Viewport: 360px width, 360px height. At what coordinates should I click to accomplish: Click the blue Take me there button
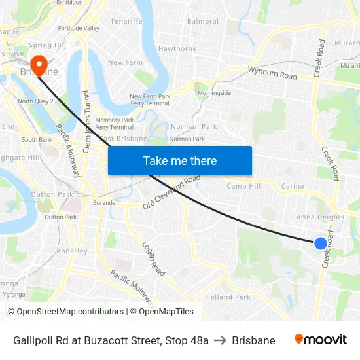(180, 160)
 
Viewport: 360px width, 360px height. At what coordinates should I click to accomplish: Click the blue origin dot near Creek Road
(320, 243)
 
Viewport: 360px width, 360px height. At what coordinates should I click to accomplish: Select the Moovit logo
(321, 340)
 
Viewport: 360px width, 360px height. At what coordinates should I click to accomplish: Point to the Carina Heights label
(317, 217)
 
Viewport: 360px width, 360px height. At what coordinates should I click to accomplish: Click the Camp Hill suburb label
(243, 186)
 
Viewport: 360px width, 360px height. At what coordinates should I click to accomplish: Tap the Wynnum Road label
(272, 72)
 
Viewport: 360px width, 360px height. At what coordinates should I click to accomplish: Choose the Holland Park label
(228, 297)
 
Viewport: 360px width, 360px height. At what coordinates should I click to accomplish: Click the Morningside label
(215, 93)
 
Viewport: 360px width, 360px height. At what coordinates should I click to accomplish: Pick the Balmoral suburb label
(203, 21)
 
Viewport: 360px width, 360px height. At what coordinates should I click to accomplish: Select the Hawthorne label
(177, 48)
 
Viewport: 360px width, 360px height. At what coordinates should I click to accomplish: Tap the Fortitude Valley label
(79, 28)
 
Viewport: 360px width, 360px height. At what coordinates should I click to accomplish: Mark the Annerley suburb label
(71, 251)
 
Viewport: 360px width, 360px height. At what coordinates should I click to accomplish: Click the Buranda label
(103, 203)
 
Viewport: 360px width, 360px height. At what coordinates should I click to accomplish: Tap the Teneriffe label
(126, 21)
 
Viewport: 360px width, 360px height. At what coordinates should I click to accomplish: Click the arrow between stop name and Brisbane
(220, 340)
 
